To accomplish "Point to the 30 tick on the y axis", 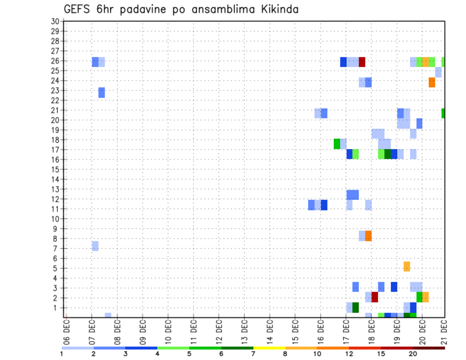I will click(55, 21).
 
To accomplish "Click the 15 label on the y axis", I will click(55, 169).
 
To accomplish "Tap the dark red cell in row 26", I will click(362, 62).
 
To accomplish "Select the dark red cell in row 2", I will click(374, 297).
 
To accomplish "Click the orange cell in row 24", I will click(432, 82).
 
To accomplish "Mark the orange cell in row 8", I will click(368, 236).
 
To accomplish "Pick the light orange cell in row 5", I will click(406, 266).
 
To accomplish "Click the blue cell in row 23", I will click(101, 92).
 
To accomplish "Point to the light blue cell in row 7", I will click(95, 246).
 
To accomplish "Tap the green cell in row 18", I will click(337, 144).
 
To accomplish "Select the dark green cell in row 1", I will click(355, 307).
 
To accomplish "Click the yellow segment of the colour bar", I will click(269, 347).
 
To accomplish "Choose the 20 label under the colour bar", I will click(413, 354).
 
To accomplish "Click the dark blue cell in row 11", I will click(324, 205).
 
